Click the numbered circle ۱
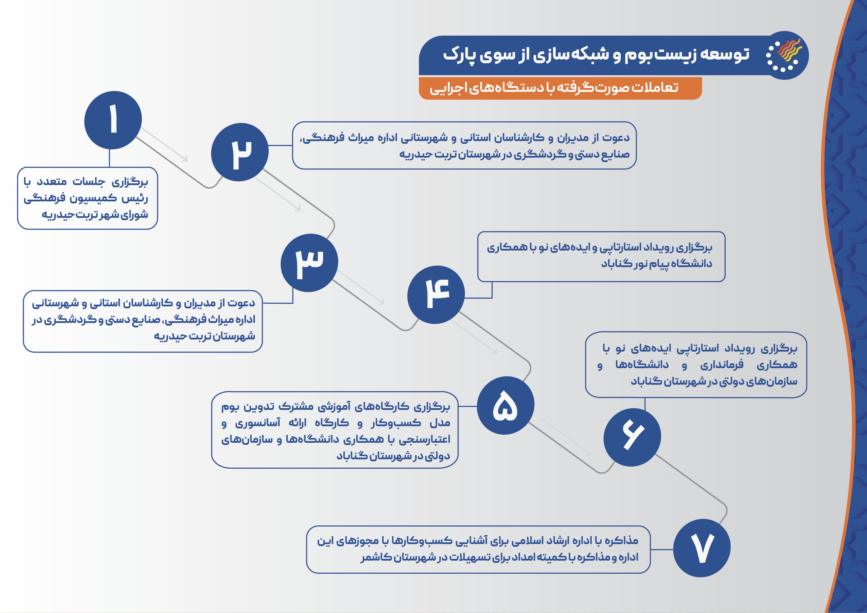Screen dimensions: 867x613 point(113,120)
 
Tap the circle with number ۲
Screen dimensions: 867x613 point(240,152)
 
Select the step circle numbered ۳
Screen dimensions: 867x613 point(309,263)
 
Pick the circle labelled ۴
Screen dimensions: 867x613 point(436,295)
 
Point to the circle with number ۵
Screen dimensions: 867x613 point(506,405)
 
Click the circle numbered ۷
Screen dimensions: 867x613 point(702,548)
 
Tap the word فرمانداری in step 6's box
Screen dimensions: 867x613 point(722,364)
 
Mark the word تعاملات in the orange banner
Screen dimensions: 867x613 point(655,87)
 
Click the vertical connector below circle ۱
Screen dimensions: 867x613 point(109,158)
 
